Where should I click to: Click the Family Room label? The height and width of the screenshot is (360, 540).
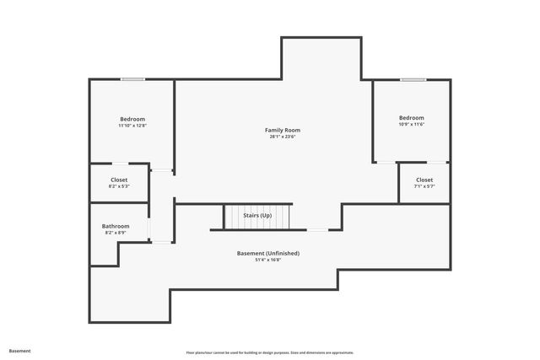(x=282, y=130)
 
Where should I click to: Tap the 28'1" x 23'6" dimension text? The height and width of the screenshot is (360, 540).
(x=282, y=137)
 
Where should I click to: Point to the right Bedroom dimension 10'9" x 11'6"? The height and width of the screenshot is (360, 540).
(x=411, y=125)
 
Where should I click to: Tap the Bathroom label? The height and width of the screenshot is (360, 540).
(x=116, y=226)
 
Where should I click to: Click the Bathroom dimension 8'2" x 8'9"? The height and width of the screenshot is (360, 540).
(x=116, y=233)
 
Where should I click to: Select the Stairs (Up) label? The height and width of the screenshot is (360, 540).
(x=257, y=216)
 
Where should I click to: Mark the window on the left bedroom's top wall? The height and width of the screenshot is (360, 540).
(x=132, y=80)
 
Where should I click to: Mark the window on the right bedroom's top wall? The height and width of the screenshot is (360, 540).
(x=413, y=80)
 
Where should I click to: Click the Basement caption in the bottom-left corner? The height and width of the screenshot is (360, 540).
(x=19, y=351)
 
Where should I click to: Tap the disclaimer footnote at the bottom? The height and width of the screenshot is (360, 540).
(x=269, y=352)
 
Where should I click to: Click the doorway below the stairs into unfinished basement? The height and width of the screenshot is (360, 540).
(x=317, y=229)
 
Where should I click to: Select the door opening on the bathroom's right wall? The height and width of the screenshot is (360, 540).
(x=149, y=228)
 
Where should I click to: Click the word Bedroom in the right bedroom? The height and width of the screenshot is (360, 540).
(x=411, y=117)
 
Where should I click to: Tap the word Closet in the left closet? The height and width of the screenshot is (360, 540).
(x=119, y=180)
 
